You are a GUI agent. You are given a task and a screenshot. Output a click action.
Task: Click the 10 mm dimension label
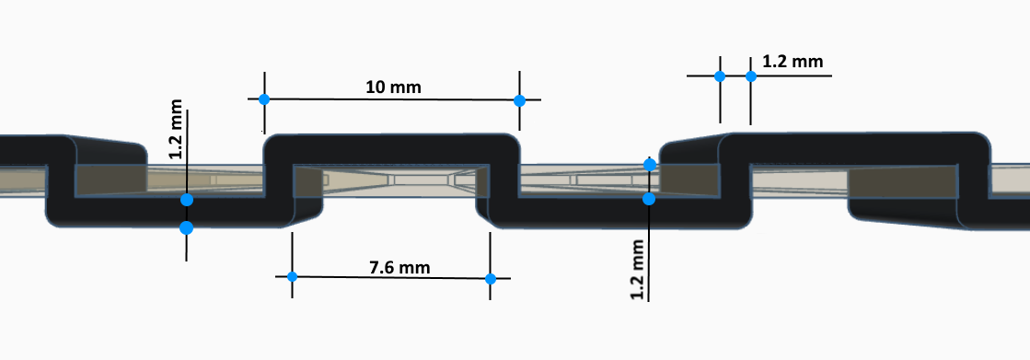coord(393,87)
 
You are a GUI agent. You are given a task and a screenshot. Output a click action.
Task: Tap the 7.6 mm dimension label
coord(400,267)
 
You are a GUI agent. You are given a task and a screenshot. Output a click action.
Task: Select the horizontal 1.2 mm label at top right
coord(793,62)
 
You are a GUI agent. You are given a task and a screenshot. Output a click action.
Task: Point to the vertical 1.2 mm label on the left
coord(176,130)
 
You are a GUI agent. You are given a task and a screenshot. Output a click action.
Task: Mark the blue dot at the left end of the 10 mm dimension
coord(264,99)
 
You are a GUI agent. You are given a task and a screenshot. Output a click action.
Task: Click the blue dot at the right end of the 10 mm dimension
coord(519,100)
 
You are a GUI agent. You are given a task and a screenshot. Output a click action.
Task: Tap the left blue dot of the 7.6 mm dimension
coord(293,276)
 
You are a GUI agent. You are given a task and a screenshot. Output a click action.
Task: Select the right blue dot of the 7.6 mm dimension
coord(490,279)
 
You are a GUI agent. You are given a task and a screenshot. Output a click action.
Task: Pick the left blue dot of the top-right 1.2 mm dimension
coord(720,76)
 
